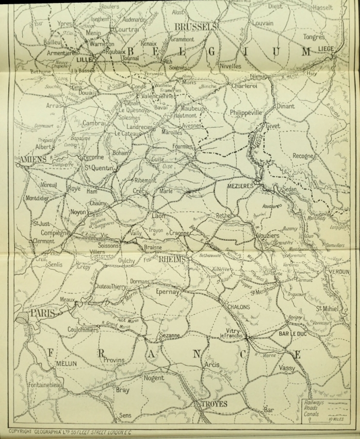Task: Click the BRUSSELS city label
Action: pyautogui.click(x=195, y=26)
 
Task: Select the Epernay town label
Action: pyautogui.click(x=167, y=292)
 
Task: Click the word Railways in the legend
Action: pyautogui.click(x=313, y=400)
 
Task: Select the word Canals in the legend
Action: pyautogui.click(x=311, y=413)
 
